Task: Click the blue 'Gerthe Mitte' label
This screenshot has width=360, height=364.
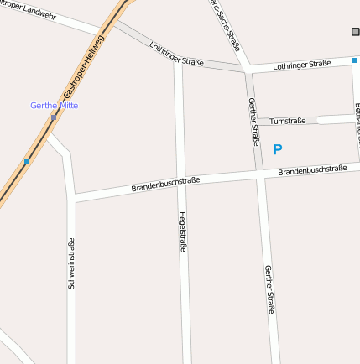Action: coord(54,106)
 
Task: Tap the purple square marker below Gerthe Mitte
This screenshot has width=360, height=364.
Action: coord(54,117)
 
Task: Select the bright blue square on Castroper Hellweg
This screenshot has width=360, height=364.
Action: coord(27,160)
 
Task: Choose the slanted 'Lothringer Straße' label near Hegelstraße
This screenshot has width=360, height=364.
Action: coord(176,55)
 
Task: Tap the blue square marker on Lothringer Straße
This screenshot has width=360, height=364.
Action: coord(355,60)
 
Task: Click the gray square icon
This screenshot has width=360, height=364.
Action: coord(355,32)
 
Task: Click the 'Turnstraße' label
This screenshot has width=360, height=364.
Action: coord(288,121)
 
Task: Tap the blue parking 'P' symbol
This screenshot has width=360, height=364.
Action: coord(278,150)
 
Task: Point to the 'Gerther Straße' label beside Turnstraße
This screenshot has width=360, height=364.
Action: coord(253,122)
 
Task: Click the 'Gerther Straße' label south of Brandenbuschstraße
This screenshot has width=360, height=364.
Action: coord(269,289)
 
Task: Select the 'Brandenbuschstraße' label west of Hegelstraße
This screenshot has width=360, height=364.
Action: coord(165,184)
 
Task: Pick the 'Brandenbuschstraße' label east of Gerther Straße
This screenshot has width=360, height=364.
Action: coord(312,170)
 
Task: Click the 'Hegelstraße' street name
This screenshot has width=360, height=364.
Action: coord(183,231)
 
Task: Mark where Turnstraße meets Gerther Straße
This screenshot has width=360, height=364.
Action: coord(257,122)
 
